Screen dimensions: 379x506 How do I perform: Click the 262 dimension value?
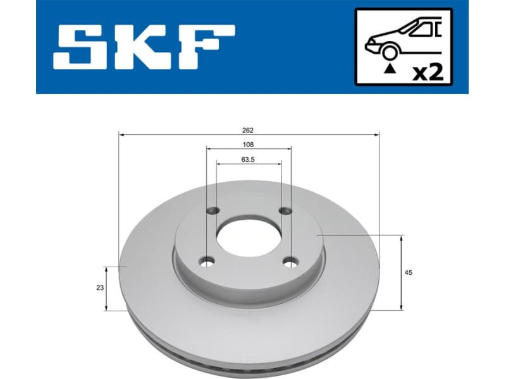point(247,130)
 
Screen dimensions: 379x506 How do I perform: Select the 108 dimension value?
point(249,144)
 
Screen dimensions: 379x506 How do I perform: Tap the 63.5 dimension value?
point(248,159)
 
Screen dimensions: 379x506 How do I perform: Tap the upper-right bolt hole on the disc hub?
point(287,210)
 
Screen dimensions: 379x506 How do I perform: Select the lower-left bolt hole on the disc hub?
point(206,261)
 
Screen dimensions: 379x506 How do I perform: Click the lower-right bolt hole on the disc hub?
point(291,261)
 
